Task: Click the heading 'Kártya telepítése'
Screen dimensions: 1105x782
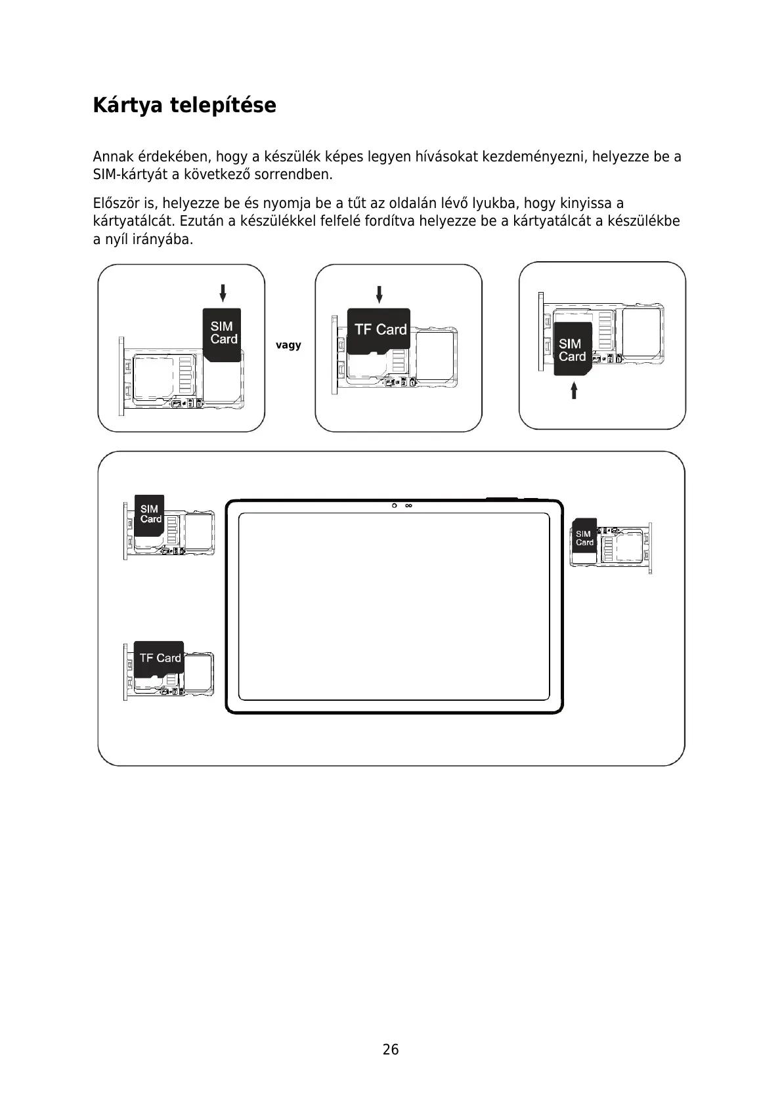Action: coord(185,105)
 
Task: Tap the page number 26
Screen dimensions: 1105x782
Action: coord(391,1049)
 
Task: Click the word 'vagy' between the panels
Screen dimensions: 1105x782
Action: coord(288,345)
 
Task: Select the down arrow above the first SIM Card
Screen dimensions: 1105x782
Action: coord(223,293)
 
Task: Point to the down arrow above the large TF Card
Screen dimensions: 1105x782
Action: coord(379,294)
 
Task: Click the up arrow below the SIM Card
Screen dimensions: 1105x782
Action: coord(574,390)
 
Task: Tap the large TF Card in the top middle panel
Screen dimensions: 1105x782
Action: coord(379,330)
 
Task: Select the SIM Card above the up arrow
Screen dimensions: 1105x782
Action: coord(572,349)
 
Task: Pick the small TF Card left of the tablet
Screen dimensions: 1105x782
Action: coord(159,658)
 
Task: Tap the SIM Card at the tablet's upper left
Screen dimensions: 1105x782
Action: coord(150,514)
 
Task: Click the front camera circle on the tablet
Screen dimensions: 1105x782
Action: coord(395,506)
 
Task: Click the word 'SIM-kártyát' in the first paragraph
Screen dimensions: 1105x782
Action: coord(130,175)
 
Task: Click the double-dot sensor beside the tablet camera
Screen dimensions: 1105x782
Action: coord(408,506)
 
